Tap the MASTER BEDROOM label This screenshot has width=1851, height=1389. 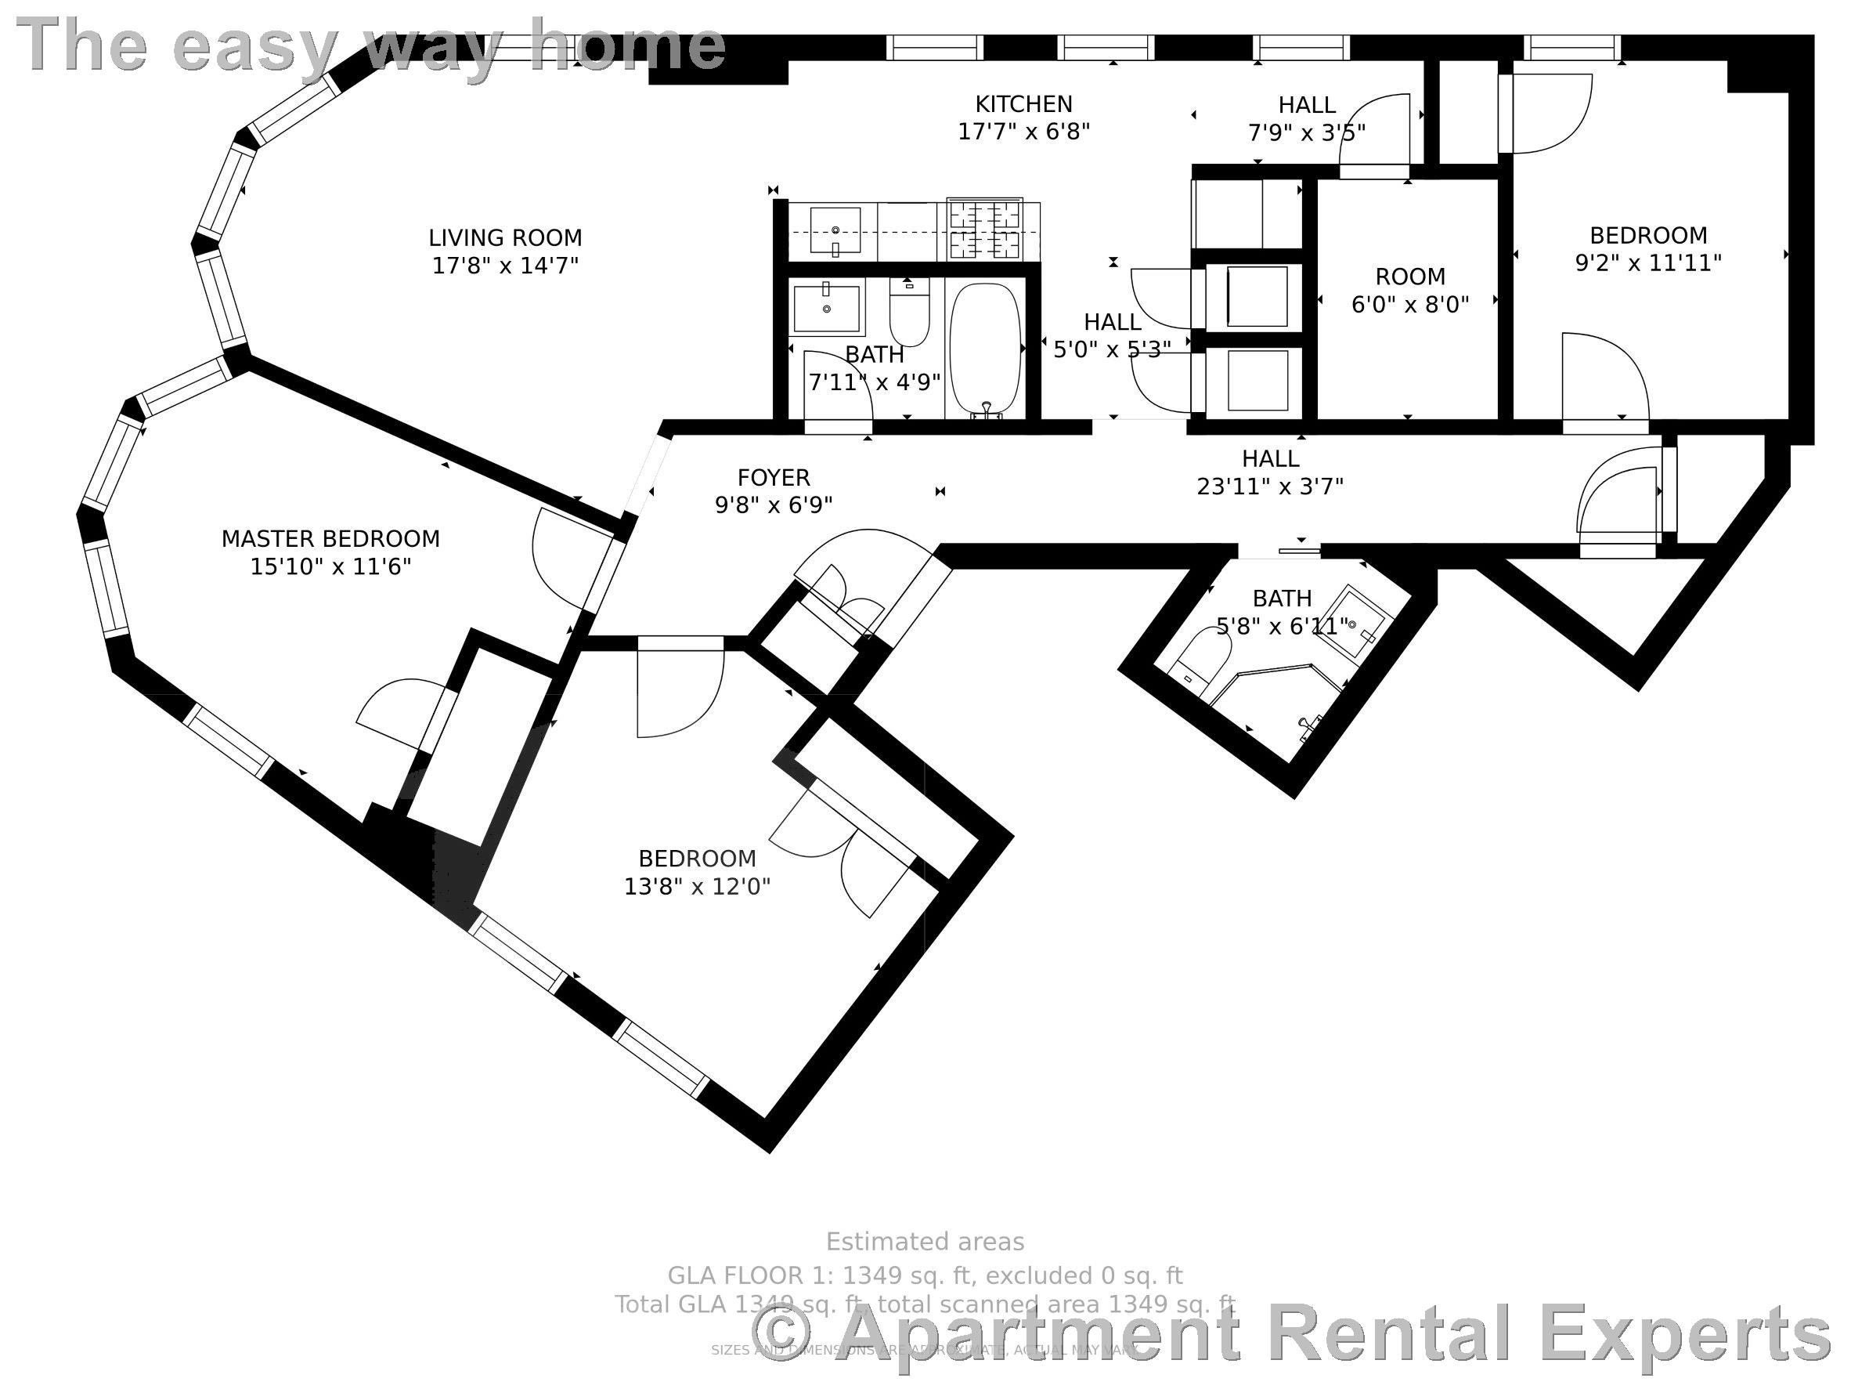(x=330, y=538)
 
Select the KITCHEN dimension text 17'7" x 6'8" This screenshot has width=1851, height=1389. (x=1023, y=132)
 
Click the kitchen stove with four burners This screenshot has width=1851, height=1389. (x=984, y=230)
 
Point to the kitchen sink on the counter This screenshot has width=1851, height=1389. (x=835, y=230)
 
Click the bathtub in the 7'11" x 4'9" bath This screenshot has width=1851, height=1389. (x=986, y=348)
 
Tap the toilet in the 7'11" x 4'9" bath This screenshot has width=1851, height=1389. (x=909, y=313)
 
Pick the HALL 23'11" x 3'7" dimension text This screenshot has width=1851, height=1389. (x=1269, y=487)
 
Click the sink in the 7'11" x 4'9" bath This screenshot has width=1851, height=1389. (x=827, y=308)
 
